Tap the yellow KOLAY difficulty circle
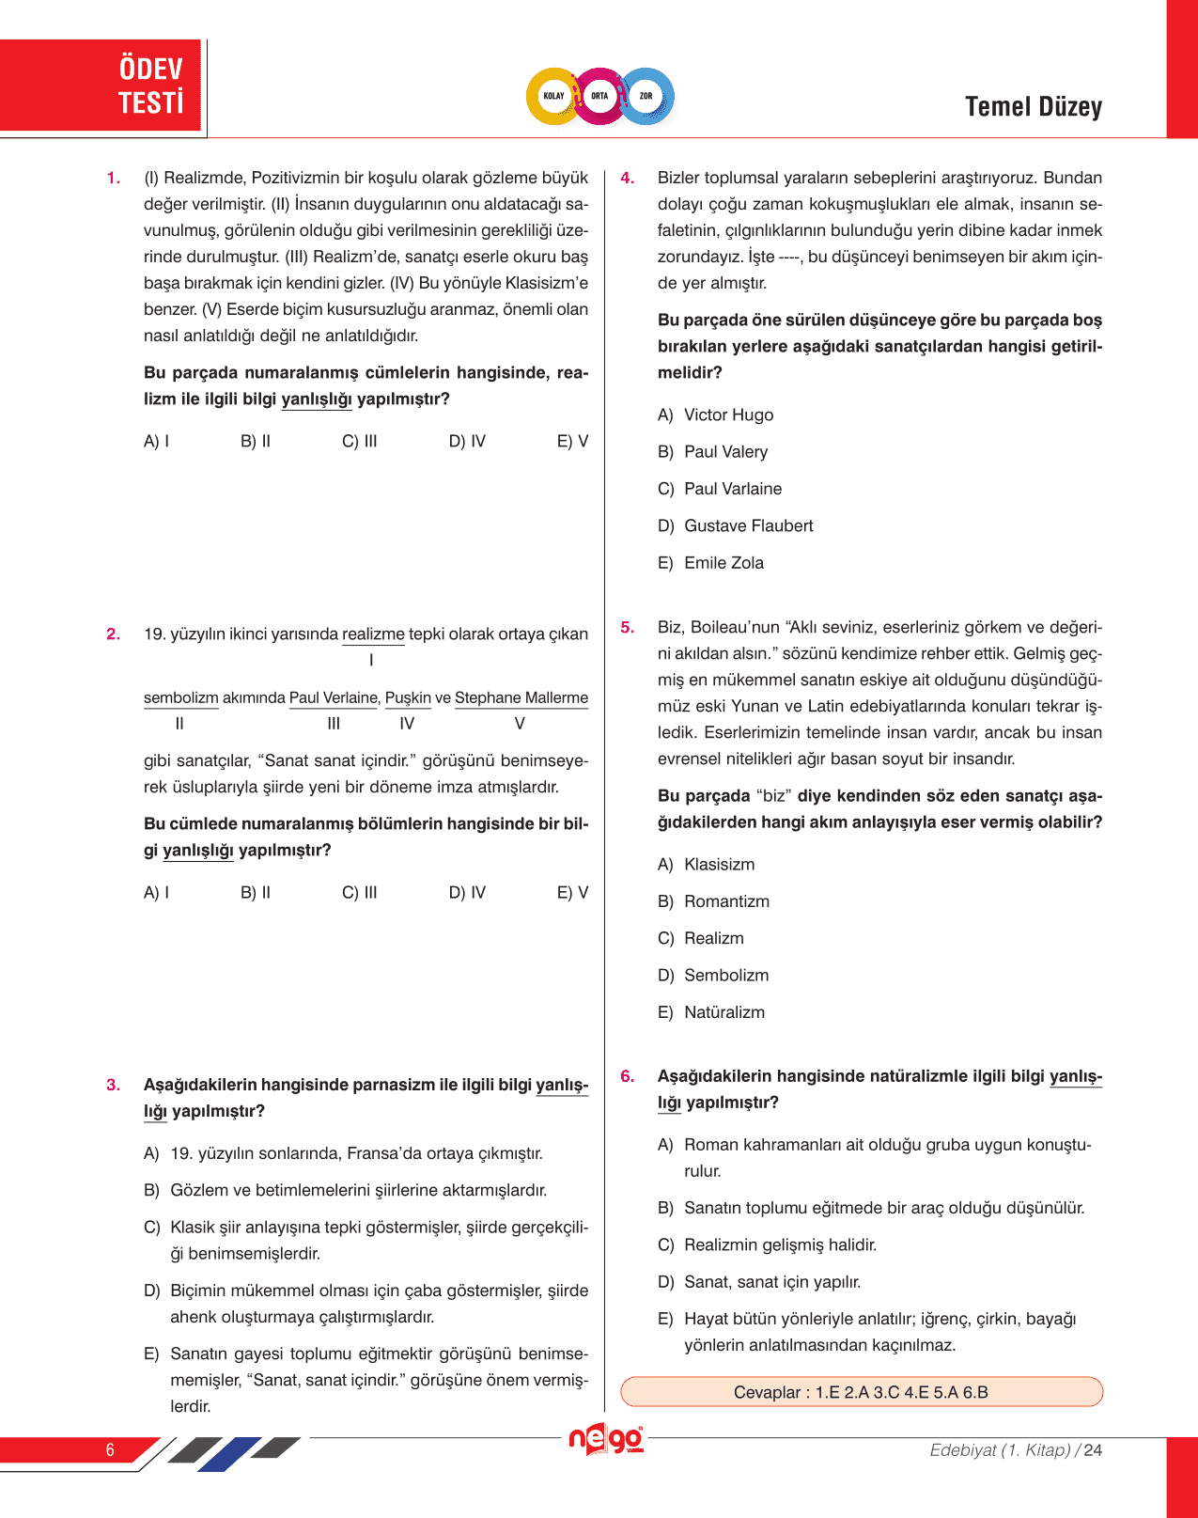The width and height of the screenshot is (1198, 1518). (554, 96)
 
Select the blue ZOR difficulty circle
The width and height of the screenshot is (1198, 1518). (646, 96)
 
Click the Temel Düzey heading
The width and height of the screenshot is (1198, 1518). (1033, 107)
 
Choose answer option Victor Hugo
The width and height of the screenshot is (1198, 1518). (728, 415)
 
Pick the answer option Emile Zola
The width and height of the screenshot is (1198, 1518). (723, 563)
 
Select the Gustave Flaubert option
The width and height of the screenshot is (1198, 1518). (748, 526)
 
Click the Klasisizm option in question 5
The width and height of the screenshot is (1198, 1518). (719, 865)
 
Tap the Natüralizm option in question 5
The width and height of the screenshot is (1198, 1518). (723, 1012)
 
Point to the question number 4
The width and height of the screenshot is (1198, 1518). (628, 179)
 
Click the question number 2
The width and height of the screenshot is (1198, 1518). (114, 634)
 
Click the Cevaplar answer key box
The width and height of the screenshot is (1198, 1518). (861, 1392)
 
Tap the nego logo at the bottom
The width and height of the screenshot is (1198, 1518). (606, 1440)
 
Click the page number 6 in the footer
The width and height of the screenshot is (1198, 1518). (110, 1450)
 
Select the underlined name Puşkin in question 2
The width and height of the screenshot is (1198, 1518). (408, 698)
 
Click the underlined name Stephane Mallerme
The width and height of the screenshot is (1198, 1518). (521, 698)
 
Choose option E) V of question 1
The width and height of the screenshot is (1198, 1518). (572, 442)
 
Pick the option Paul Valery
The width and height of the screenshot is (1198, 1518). (725, 452)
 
